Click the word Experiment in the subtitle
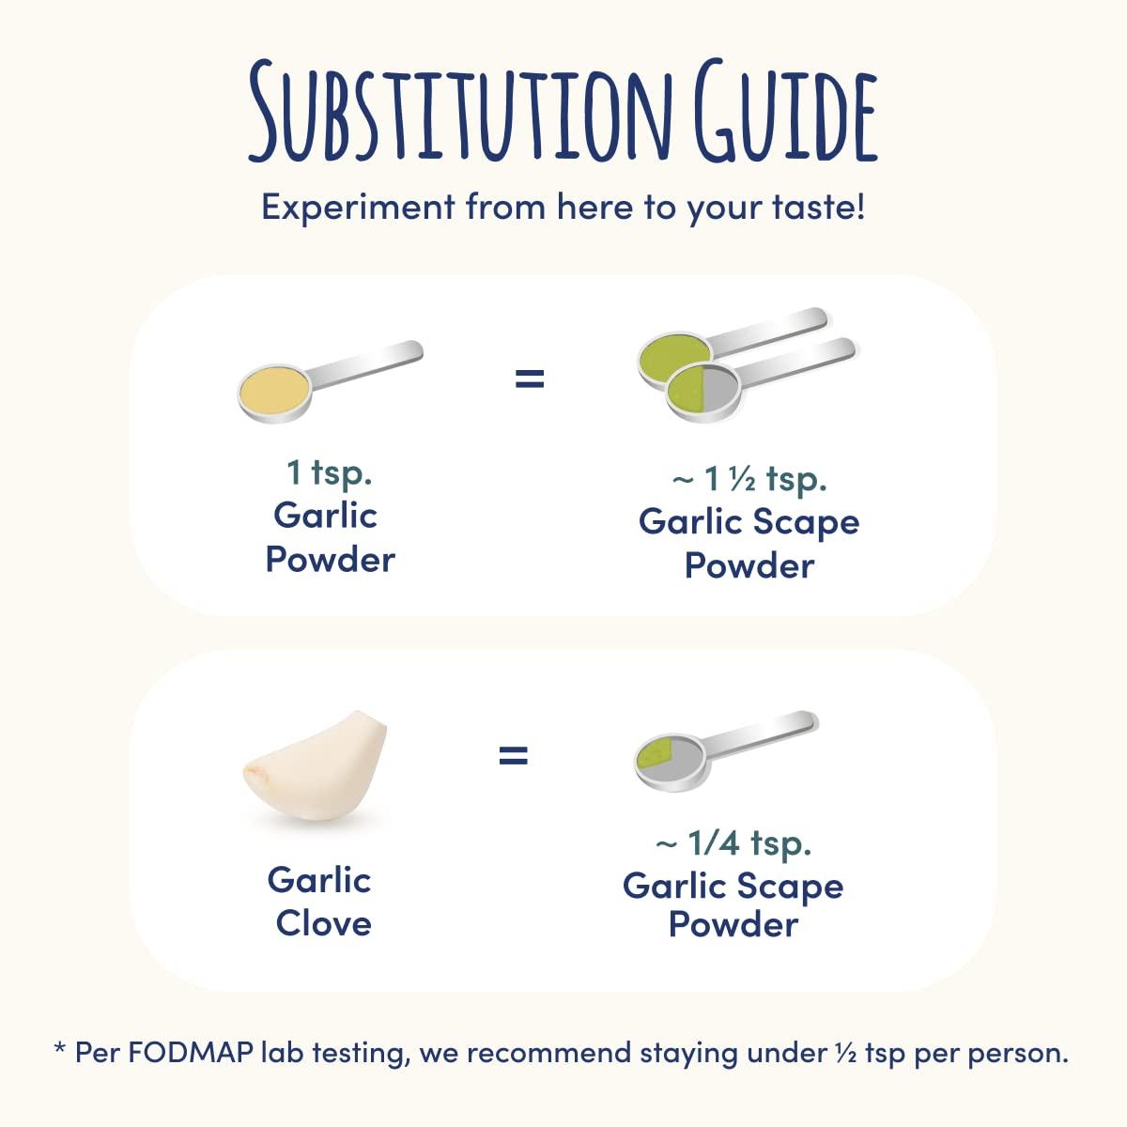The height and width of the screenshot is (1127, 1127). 358,207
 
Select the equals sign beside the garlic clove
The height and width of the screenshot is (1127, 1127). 513,754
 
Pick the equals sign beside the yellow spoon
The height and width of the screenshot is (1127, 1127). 530,378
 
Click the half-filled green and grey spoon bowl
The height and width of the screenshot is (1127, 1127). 704,390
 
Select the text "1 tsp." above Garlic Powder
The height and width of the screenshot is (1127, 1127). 329,471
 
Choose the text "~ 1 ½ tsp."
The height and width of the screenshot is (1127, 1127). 749,479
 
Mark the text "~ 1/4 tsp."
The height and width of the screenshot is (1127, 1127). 733,842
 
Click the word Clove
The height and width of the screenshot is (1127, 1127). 324,923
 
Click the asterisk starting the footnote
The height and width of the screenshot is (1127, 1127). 60,1049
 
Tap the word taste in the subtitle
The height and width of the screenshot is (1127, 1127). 808,207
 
